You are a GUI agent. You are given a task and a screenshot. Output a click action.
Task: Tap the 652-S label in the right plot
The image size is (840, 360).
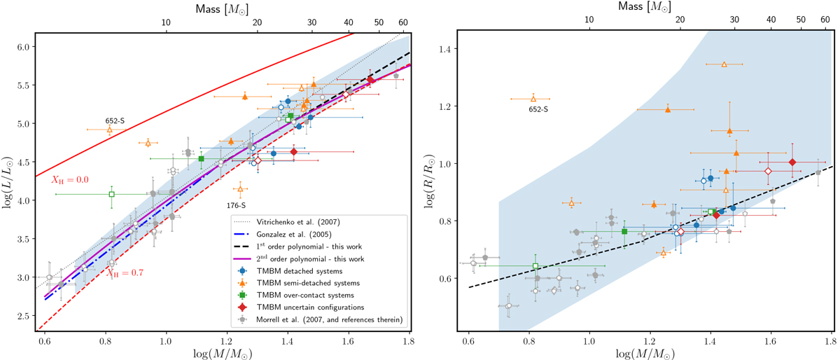(x=538, y=109)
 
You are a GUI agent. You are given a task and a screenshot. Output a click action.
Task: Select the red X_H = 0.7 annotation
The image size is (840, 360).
(x=122, y=273)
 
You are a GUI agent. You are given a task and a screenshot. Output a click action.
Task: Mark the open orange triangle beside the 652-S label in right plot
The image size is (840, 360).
(x=533, y=99)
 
